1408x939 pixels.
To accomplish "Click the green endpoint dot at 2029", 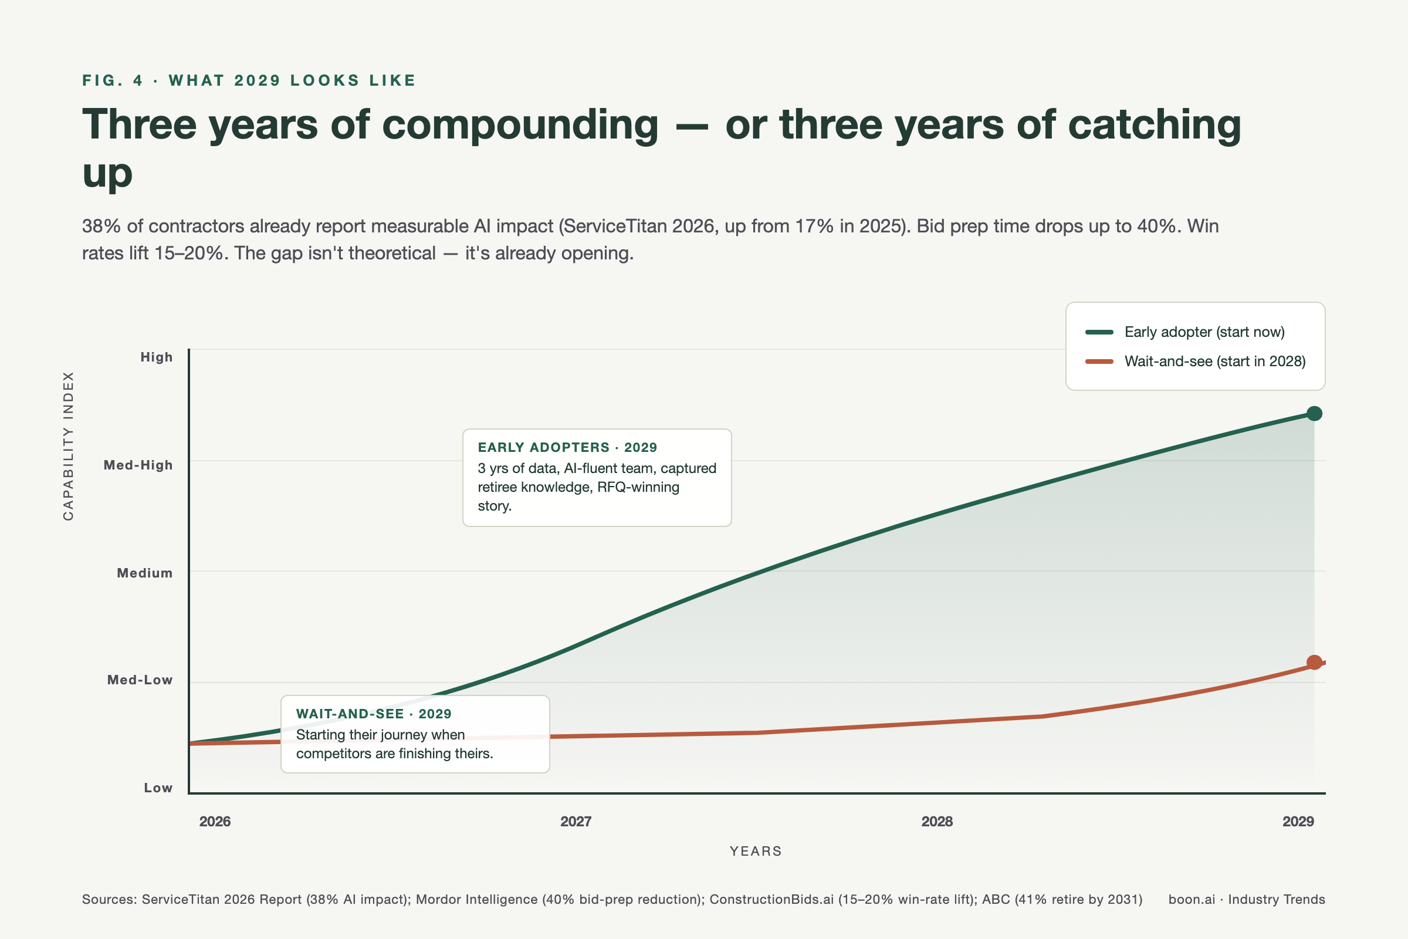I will tap(1314, 413).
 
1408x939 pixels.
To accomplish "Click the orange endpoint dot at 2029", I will tap(1314, 663).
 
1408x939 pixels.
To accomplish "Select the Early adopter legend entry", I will tap(1204, 332).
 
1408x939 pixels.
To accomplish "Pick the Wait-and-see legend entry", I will tap(1214, 361).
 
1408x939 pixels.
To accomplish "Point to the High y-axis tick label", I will tap(156, 357).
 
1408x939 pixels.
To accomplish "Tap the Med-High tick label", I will tap(138, 465).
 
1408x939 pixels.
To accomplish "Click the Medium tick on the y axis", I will tap(145, 573).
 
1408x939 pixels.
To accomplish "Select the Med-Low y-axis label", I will tap(140, 680).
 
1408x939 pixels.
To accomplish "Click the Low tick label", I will tap(158, 788).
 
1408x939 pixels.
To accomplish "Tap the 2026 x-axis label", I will tap(215, 821).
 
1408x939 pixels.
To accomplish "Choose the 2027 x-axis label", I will tap(576, 821).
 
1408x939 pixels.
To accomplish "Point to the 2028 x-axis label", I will tap(937, 821).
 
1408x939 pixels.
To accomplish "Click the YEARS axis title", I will tap(756, 851).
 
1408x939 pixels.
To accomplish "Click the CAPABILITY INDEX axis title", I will tap(68, 446).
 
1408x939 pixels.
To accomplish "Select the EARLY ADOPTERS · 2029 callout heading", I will tap(567, 447).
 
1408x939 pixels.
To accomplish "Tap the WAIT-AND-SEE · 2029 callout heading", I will tap(374, 713).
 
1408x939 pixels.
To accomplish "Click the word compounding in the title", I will tap(520, 124).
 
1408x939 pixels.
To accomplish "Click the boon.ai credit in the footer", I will tap(1192, 899).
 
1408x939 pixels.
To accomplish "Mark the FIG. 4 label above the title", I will tap(113, 80).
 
